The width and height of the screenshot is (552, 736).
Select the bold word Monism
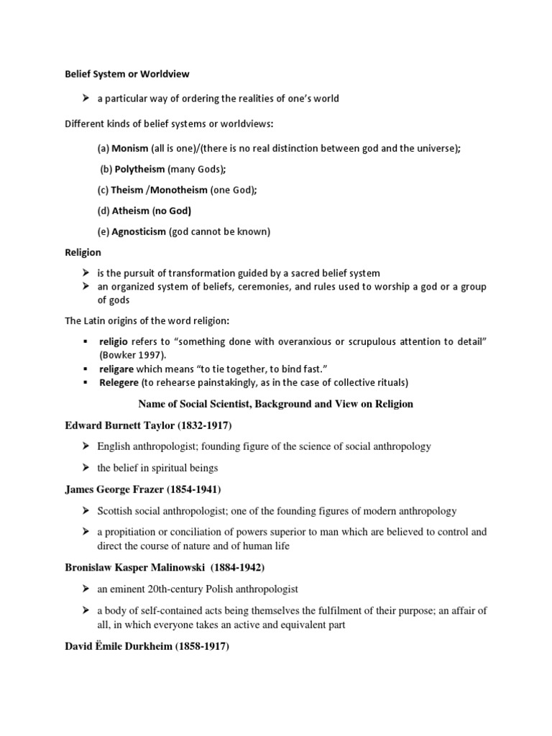pyautogui.click(x=130, y=149)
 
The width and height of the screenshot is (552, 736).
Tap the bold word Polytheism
pyautogui.click(x=139, y=170)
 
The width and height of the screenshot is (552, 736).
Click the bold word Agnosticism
pyautogui.click(x=139, y=231)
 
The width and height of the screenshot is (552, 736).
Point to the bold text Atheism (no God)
pyautogui.click(x=151, y=211)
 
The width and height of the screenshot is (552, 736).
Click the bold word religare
pyautogui.click(x=118, y=369)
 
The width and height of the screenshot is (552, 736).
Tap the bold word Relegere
pyautogui.click(x=119, y=382)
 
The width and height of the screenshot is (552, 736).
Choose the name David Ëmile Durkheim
pyautogui.click(x=119, y=647)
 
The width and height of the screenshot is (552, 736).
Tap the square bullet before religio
pyautogui.click(x=85, y=339)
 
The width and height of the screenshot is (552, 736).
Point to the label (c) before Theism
pyautogui.click(x=103, y=190)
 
